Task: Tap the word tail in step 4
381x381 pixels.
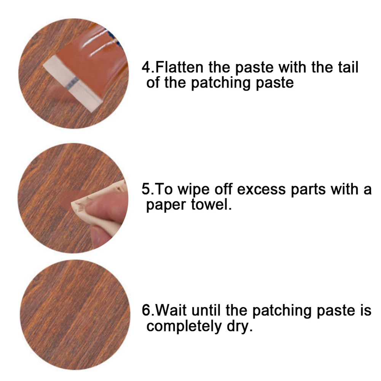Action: pyautogui.click(x=347, y=68)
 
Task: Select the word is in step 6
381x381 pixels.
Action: pyautogui.click(x=364, y=311)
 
